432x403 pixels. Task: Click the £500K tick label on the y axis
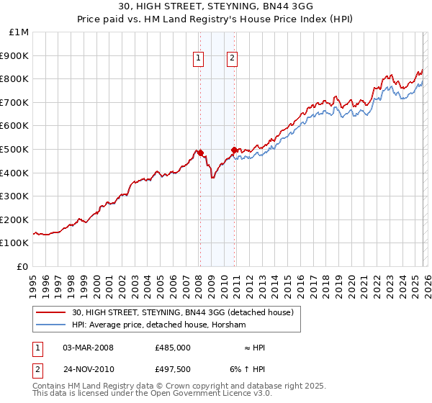pos(14,149)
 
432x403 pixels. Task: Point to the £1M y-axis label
pos(19,32)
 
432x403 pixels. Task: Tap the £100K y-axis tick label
pos(14,243)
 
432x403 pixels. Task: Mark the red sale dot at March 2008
pos(200,153)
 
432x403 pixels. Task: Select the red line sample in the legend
pos(52,313)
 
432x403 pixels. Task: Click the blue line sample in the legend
pos(52,325)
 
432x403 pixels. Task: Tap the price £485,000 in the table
pos(172,348)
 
